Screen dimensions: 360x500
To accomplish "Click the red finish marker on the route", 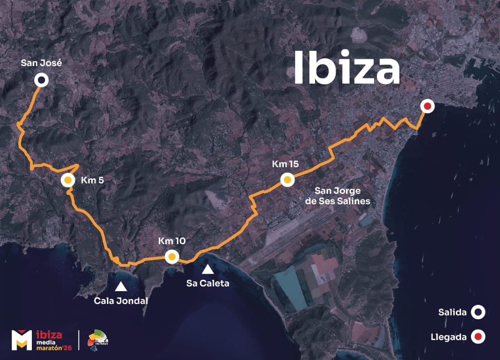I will [x=427, y=107].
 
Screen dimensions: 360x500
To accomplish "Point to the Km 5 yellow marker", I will [x=68, y=180].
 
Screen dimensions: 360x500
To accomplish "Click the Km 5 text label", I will [x=92, y=180].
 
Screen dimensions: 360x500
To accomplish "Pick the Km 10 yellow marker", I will [x=172, y=257].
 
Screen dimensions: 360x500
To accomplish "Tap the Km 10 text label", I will [x=172, y=241].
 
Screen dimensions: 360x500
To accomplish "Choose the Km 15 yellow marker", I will [x=288, y=180].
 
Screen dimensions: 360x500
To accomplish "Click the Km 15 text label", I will [x=285, y=164].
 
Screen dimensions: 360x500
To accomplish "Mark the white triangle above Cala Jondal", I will [x=121, y=286].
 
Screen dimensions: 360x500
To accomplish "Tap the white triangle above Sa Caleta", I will [x=208, y=269].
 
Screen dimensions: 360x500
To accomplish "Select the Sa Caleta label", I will [x=208, y=284].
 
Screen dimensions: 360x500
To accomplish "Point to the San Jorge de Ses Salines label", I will [x=342, y=196].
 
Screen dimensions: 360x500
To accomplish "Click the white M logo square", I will [x=21, y=340].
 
